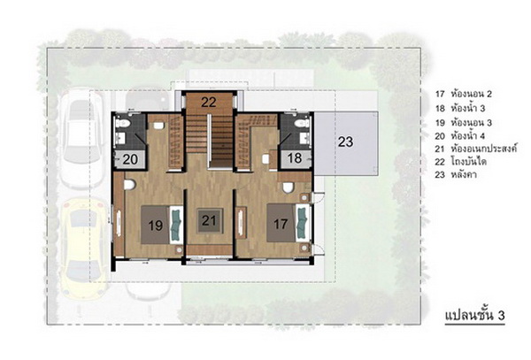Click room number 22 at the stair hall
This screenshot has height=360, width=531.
pos(209,103)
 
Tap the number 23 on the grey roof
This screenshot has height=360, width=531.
pos(345,142)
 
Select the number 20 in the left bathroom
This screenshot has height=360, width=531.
pos(130,159)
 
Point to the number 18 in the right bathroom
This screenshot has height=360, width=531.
pos(295,158)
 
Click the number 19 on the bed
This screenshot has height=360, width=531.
pos(156,226)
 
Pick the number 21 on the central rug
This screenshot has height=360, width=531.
pos(209,220)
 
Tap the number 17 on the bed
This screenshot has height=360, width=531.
pos(281,224)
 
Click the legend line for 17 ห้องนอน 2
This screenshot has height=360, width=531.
pos(464,94)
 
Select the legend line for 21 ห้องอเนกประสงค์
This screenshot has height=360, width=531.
pos(476,149)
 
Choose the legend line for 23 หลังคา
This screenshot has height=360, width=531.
pos(456,175)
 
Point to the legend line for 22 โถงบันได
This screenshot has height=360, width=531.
pos(461,162)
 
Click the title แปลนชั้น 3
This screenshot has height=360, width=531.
pos(474,316)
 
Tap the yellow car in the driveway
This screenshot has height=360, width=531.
pos(84,249)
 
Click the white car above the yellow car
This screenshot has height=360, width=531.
pos(82,138)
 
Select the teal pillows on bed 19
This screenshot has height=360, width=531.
pos(176,225)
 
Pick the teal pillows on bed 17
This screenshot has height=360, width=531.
pos(302,223)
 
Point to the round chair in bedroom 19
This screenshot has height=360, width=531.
pos(129,185)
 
